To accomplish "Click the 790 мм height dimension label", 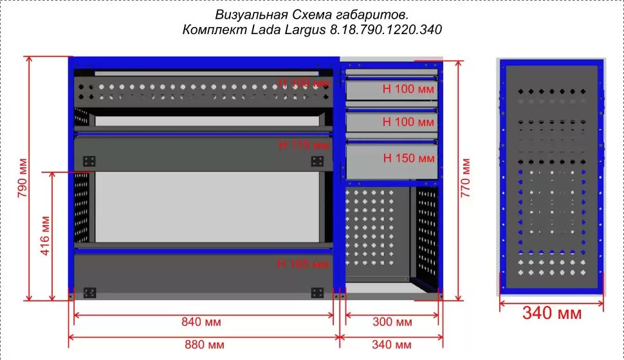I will tap(24, 178).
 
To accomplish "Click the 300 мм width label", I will tap(392, 321).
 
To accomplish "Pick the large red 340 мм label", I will tap(551, 314).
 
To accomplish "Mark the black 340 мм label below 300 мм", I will tap(392, 345).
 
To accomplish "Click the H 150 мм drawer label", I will tap(408, 157).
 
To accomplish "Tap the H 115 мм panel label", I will tap(303, 145).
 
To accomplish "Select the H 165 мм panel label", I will tap(303, 263).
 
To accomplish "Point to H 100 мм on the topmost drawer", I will tap(408, 89).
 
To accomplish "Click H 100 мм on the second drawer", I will tap(408, 122).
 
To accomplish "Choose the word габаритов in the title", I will tap(376, 14).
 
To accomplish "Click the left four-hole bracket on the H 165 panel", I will tap(89, 292).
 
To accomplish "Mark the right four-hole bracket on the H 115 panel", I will tap(317, 160).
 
